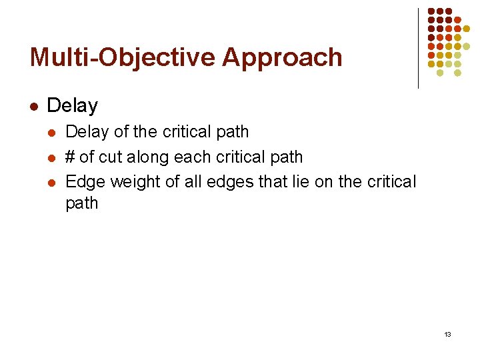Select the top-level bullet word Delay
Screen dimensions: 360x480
coord(73,105)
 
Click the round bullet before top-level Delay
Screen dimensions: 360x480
coord(33,105)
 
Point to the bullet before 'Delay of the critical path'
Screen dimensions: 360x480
coord(52,132)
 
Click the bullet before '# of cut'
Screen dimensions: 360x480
coord(52,157)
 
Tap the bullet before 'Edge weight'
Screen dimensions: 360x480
coord(52,181)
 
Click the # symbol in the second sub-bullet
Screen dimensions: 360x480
coord(70,157)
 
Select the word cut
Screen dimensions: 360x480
coord(112,157)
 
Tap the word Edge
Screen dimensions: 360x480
coord(85,181)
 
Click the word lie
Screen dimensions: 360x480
coord(284,181)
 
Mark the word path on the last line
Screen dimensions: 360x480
coord(82,203)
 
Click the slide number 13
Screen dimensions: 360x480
coord(447,333)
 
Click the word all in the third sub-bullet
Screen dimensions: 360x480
coord(190,181)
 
